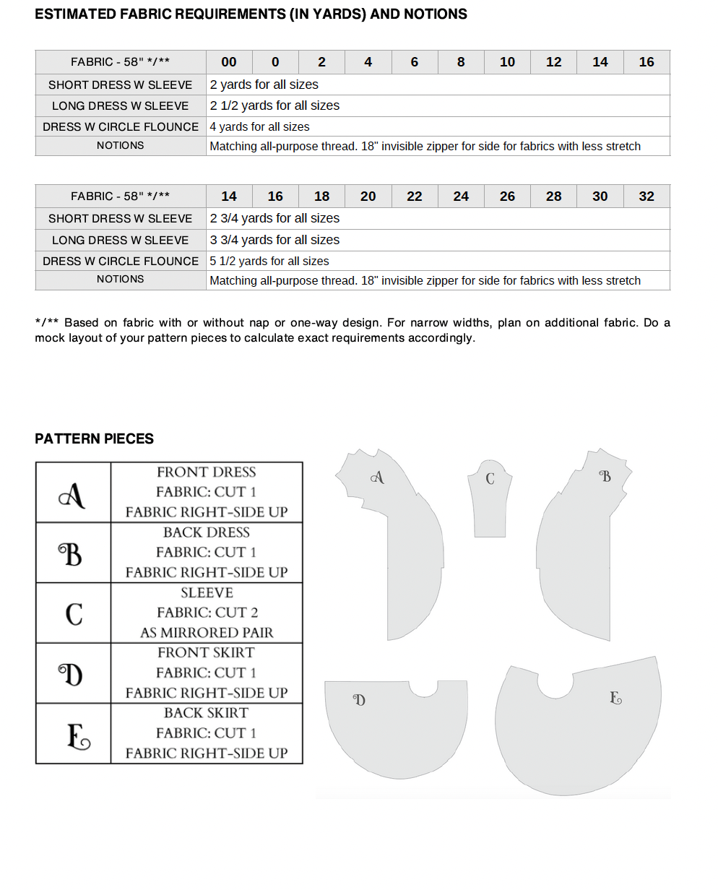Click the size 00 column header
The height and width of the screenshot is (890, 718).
pos(229,62)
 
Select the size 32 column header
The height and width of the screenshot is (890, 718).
pos(646,196)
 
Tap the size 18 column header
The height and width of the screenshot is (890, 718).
pos(321,196)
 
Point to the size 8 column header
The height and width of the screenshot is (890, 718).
pos(461,62)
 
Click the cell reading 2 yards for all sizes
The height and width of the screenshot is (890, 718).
pos(264,85)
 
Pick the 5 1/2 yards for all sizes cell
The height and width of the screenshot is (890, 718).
pos(269,262)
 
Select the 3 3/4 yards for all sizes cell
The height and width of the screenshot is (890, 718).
pos(274,240)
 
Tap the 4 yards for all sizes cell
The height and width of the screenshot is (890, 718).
pos(259,126)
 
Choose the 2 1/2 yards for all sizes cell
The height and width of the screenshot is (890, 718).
pos(274,105)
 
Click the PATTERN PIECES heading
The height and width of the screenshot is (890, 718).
pos(94,438)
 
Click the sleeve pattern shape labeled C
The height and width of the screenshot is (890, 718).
pos(490,506)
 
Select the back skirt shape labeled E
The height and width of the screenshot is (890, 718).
pos(578,730)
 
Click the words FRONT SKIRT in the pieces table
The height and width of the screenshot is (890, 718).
pos(206,652)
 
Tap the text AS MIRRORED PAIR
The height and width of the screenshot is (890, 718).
pos(207,633)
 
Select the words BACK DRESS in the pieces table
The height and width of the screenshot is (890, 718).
pos(206,532)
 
